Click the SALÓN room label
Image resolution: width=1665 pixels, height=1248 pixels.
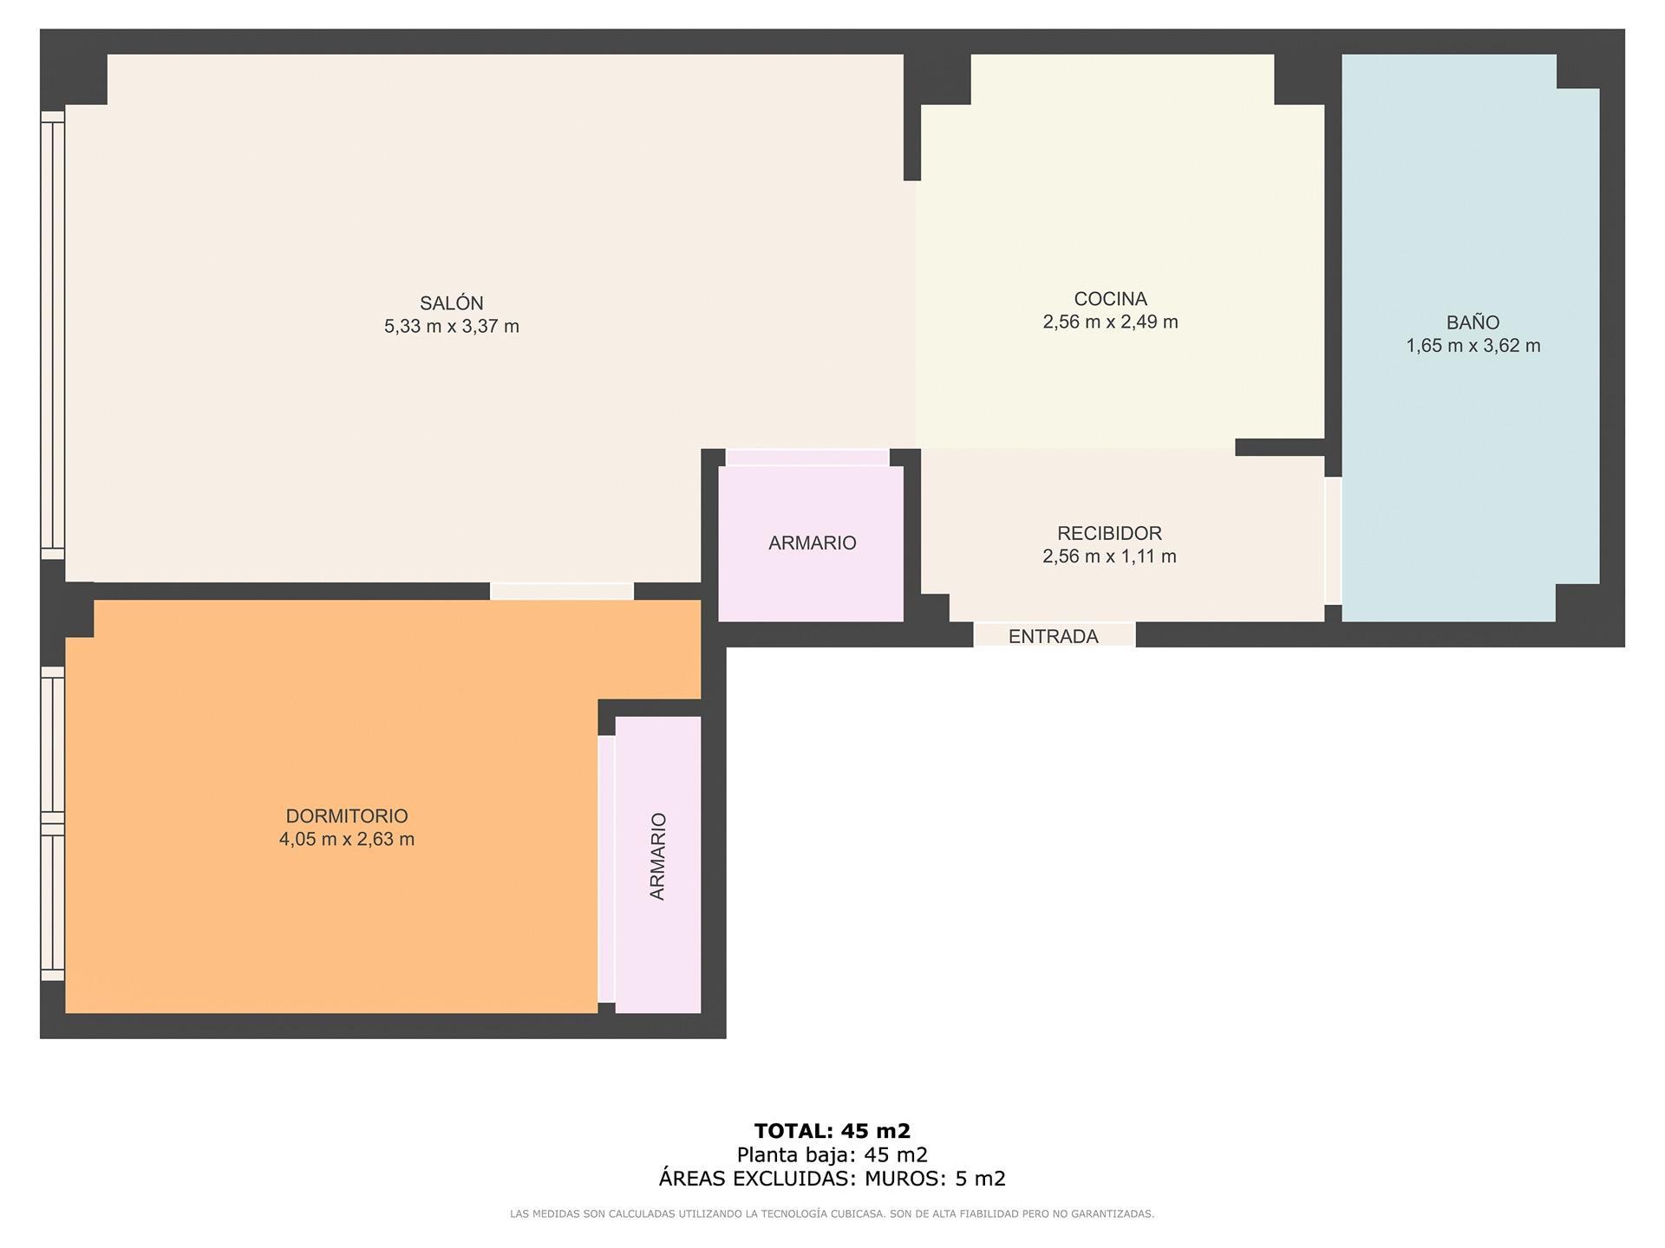pos(452,303)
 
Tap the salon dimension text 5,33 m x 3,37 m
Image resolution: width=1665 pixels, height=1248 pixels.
pos(452,327)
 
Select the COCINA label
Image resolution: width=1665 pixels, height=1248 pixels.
pos(1110,299)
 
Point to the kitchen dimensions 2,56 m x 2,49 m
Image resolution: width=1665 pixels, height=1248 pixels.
pos(1110,322)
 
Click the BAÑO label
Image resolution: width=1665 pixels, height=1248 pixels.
pos(1472,322)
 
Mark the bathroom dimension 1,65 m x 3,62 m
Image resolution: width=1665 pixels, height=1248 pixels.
pos(1472,346)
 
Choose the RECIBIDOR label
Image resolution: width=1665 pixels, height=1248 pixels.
pos(1109,533)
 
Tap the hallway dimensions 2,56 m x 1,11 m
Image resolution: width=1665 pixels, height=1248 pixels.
pos(1109,556)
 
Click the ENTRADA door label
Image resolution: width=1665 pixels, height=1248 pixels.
pos(1053,636)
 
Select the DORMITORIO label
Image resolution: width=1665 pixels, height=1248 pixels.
pos(347,816)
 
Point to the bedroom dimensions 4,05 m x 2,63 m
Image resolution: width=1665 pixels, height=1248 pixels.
pos(347,839)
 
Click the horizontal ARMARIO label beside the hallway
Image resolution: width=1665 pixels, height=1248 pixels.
pos(812,543)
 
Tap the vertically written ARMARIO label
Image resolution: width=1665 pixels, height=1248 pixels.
pos(657,856)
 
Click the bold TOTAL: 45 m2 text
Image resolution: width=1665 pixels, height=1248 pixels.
pos(832,1131)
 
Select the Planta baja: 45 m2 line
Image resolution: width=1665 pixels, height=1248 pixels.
pos(832,1154)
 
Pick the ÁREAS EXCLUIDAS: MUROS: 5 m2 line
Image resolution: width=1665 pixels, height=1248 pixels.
pos(832,1179)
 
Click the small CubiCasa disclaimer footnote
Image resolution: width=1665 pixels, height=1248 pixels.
pos(832,1214)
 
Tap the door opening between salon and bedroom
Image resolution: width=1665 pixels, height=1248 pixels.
pos(562,591)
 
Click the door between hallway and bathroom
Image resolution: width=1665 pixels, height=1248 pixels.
pos(1333,541)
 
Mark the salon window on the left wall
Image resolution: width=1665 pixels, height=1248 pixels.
pos(53,335)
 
